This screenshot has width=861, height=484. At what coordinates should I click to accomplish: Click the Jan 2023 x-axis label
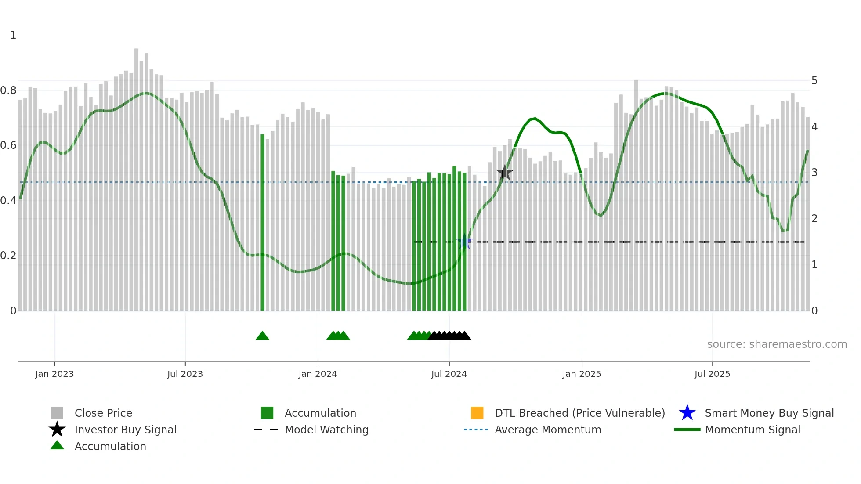coord(54,374)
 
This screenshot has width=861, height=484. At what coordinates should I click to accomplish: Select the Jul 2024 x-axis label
coord(449,374)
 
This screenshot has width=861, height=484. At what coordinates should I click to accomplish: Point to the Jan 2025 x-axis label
coord(582,374)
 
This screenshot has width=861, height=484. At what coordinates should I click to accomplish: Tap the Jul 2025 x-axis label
coord(712,374)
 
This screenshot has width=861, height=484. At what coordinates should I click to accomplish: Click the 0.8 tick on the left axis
coord(8,90)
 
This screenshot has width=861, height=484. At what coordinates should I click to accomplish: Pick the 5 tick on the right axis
coord(814,81)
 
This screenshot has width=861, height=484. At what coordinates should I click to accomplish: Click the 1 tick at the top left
coord(13,35)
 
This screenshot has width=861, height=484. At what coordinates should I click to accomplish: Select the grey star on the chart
coord(505,173)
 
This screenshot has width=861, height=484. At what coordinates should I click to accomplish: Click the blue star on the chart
coord(464,242)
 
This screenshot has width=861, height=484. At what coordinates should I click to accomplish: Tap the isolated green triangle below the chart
coord(262,336)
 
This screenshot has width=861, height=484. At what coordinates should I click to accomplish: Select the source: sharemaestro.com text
coord(777,344)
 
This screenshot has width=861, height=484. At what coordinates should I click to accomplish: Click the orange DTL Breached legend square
coord(477,413)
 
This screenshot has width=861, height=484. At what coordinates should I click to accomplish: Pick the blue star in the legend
coord(687,413)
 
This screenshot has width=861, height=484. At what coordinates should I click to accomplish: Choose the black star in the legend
coord(57,430)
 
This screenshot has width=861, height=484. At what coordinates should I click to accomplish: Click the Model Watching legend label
coord(326,430)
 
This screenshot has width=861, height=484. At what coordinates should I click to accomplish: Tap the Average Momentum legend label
coord(548,430)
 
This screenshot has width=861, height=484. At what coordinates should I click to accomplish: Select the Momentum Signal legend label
coord(752,430)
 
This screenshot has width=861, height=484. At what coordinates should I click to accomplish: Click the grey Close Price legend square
coord(57,413)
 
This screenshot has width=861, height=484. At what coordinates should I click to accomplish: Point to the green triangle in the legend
coord(57,446)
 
